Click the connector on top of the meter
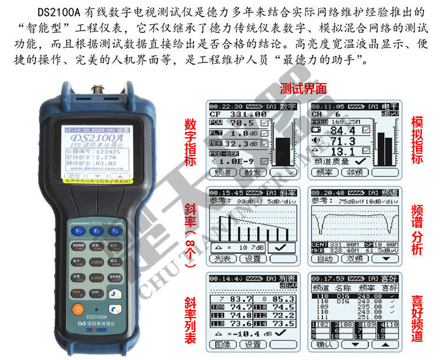tap(97, 90)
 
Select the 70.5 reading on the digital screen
tap(242, 123)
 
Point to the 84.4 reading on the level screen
tap(342, 130)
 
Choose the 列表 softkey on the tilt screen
tap(223, 259)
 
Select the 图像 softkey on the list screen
tap(223, 345)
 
